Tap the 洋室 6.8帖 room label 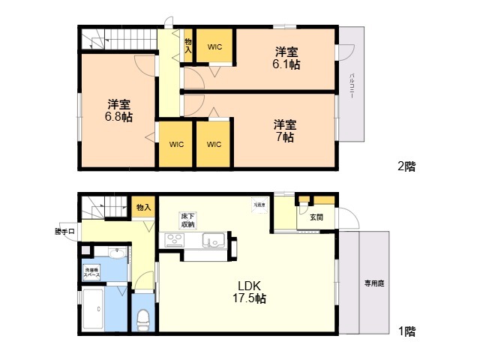coord(118,110)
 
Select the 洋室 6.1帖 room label coord(286,58)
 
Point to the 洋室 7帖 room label coord(283,130)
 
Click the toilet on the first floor coord(142,320)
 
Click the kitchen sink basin coord(212,241)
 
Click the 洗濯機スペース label coord(92,274)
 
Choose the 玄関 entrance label coord(316,217)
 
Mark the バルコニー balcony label coord(352,86)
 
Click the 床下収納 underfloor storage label coord(187,220)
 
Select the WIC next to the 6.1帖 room coord(215,47)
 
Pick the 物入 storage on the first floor coord(142,207)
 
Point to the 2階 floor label coord(406,166)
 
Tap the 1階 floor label coord(406,330)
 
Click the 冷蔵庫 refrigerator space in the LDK coord(259,205)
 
